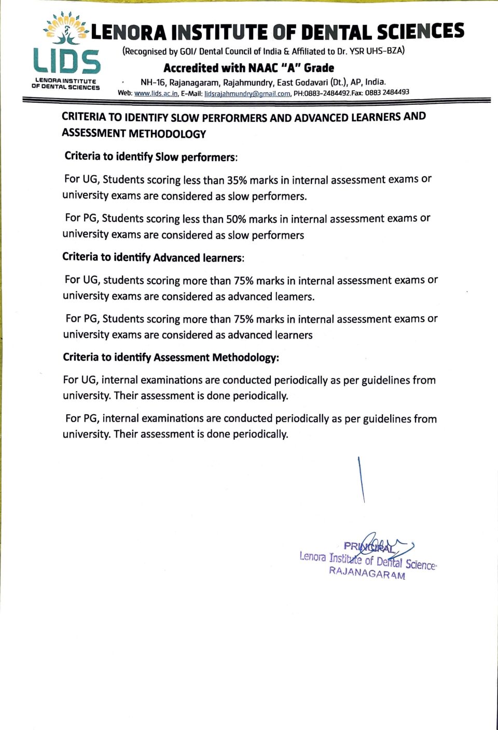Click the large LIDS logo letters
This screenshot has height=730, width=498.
coord(66,61)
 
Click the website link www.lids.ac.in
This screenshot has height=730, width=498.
coord(156,94)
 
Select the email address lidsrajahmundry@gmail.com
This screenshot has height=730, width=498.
coord(247,94)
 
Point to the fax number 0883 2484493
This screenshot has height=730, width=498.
coord(387,92)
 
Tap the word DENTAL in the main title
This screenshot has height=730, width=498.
coord(337,32)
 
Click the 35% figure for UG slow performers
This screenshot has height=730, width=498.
coord(237,180)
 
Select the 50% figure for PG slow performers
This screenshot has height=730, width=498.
coord(236,219)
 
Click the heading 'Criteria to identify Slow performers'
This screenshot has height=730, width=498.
coord(150,157)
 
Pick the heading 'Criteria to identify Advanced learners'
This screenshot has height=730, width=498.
coord(153,258)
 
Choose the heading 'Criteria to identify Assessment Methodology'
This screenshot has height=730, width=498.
coord(171,357)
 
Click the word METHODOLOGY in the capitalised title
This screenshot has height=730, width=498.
coord(167,134)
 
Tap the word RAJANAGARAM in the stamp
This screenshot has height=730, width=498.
coord(367,573)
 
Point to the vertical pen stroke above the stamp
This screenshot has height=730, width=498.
coord(361,480)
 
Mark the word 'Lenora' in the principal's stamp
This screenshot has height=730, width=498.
coord(313,557)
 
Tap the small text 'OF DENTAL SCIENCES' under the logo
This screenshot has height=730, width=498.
coord(65,88)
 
